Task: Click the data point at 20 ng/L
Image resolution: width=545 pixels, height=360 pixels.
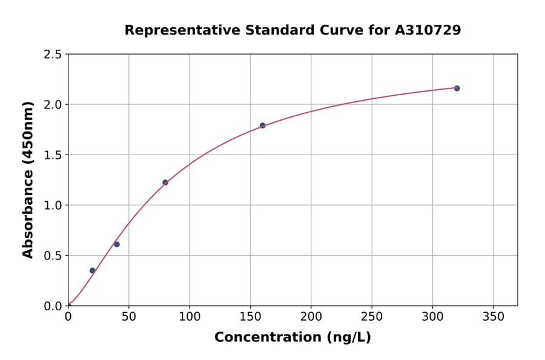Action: [92, 270]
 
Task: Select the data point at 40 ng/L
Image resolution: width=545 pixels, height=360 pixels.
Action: [117, 244]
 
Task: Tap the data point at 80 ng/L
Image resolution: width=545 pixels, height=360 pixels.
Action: [165, 182]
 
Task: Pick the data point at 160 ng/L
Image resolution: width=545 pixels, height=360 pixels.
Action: [262, 125]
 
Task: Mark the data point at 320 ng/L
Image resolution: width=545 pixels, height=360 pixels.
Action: [457, 88]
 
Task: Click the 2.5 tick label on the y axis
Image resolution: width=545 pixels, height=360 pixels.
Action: [53, 55]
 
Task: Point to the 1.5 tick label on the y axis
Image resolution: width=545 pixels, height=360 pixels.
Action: [53, 155]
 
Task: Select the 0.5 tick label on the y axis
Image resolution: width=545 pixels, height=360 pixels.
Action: [53, 256]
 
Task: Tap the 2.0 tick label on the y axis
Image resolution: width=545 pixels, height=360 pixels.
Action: [53, 105]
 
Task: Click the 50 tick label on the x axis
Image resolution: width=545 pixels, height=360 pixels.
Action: [128, 316]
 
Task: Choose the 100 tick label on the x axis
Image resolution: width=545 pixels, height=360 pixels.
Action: [190, 316]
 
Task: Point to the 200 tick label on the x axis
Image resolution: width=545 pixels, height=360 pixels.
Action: [311, 316]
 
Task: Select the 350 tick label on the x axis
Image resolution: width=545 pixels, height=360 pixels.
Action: [493, 316]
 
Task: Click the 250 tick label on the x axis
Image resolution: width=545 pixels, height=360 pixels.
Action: [372, 316]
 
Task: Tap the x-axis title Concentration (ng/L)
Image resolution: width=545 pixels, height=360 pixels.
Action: [292, 338]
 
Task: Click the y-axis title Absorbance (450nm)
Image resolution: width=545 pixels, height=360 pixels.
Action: [28, 179]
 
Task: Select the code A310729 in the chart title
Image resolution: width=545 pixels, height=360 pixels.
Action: [428, 30]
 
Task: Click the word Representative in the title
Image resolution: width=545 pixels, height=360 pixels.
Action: [182, 30]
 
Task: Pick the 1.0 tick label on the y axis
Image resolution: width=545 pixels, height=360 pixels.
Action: [53, 205]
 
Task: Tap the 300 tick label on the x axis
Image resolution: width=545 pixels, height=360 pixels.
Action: [432, 316]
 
